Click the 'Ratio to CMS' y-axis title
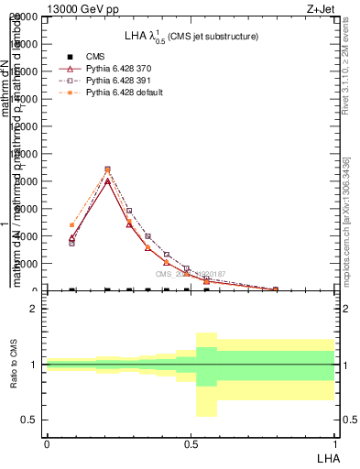[14, 365]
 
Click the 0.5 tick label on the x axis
[191, 444]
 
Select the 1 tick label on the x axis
[334, 444]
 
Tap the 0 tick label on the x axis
[47, 444]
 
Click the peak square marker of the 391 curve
[107, 169]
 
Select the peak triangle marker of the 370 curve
[107, 180]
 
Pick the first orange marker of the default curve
[71, 225]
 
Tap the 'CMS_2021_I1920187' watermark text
[190, 274]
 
